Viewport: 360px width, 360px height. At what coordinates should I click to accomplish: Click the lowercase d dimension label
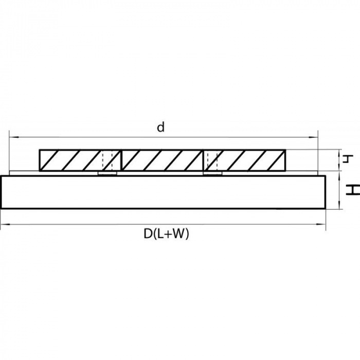[x=161, y=128]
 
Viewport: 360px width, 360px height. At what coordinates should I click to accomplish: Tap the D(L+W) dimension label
[x=167, y=234]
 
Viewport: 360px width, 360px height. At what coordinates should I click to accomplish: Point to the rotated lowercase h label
[x=347, y=158]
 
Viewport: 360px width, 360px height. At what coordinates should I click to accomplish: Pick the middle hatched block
[x=163, y=160]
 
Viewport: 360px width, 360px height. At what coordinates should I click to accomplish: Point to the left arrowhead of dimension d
[x=12, y=137]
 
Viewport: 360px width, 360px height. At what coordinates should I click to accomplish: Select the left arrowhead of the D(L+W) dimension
[x=4, y=225]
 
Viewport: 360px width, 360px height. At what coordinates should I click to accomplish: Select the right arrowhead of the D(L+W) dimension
[x=323, y=225]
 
